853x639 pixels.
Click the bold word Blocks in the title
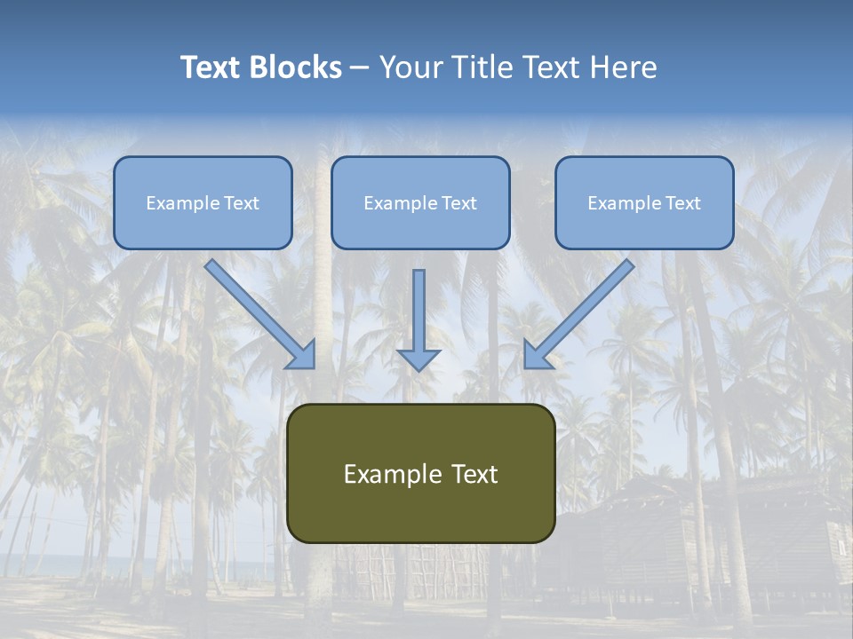point(298,67)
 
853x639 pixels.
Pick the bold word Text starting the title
point(213,67)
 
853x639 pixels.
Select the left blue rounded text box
point(203,202)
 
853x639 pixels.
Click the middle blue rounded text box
point(420,202)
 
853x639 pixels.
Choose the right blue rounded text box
point(644,202)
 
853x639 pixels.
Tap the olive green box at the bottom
point(420,473)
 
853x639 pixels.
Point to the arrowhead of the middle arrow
point(419,359)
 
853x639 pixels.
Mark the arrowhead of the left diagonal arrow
point(302,355)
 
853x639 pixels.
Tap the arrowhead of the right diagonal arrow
point(537,355)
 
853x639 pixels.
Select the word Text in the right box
point(682,203)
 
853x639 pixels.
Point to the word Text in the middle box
point(458,203)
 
